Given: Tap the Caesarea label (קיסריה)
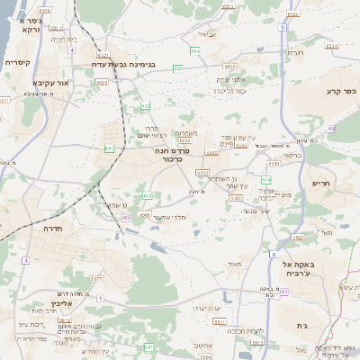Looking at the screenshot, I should [18, 63].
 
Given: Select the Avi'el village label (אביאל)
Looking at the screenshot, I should [206, 34].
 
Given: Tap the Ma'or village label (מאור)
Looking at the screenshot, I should [236, 264].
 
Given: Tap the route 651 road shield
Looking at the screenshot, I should [110, 148].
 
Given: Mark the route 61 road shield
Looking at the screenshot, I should [284, 292].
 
